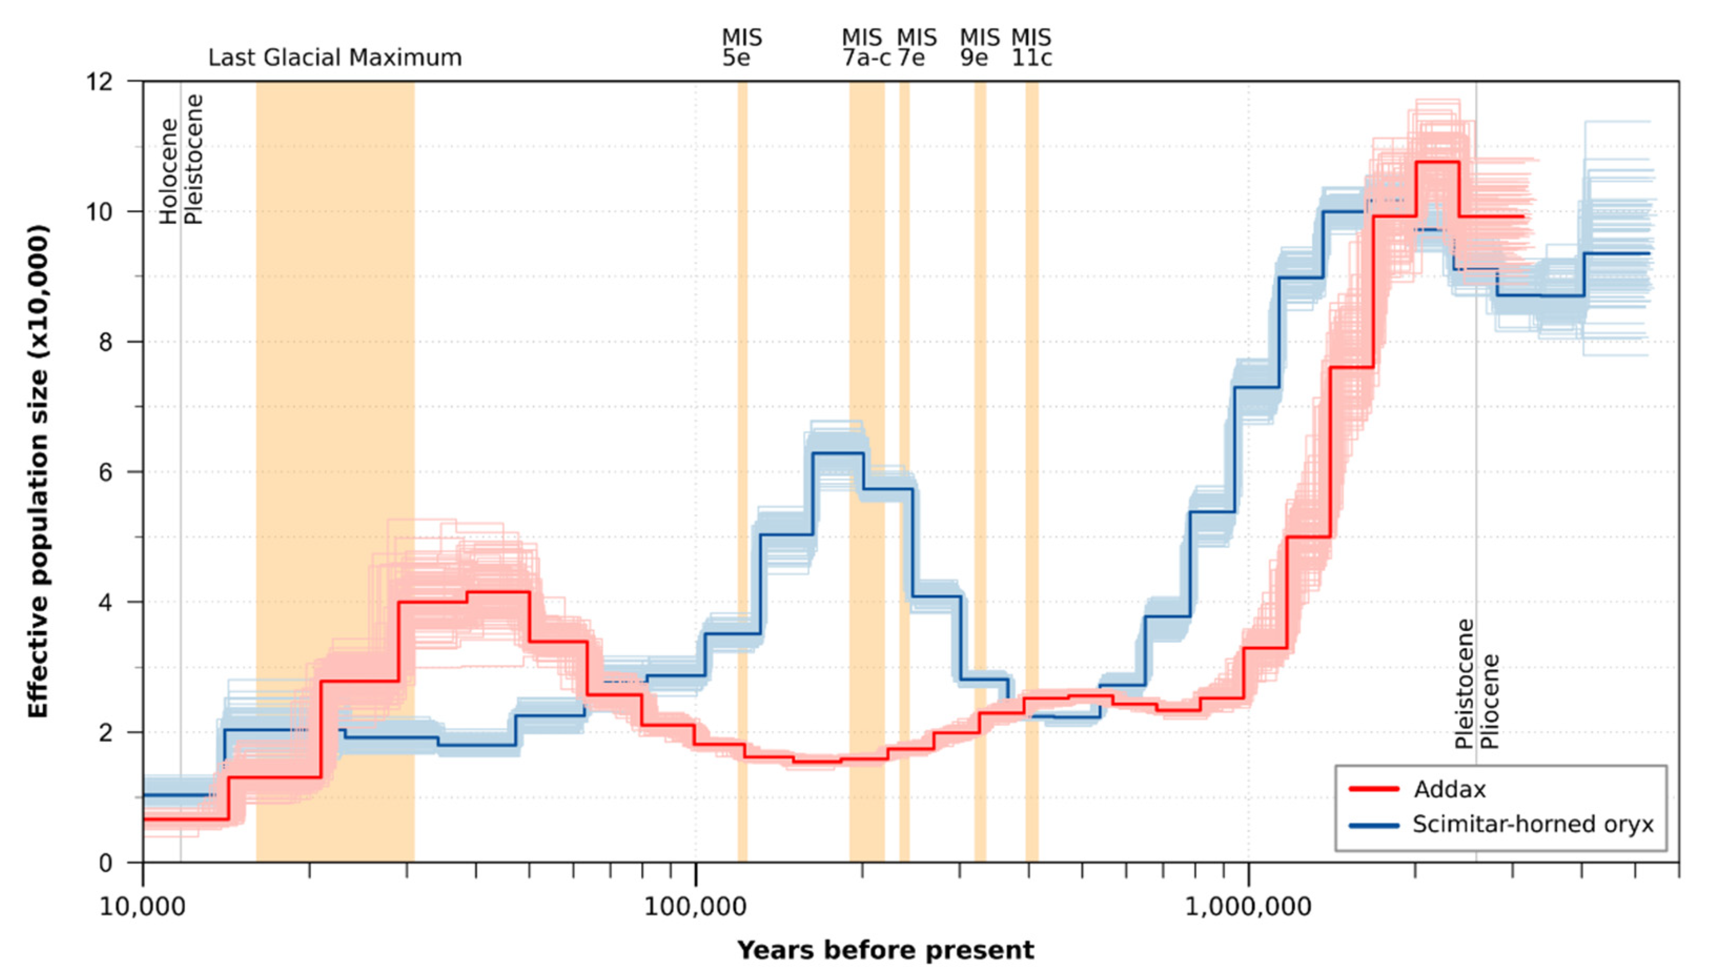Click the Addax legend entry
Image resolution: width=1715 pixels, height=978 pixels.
point(1448,789)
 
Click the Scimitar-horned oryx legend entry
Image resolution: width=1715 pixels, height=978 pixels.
point(1532,824)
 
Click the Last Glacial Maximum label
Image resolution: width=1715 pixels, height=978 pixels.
point(335,58)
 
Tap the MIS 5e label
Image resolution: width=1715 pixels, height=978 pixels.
point(741,47)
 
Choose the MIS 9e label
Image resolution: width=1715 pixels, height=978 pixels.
point(978,47)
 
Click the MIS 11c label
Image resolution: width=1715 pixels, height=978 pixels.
point(1032,47)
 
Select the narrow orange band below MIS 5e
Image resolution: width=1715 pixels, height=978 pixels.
point(742,470)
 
